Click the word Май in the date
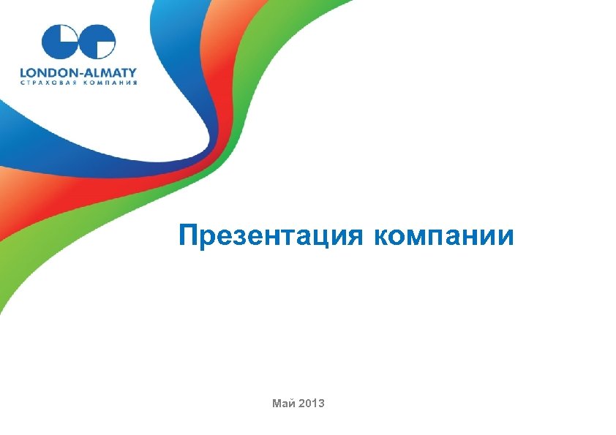click(282, 404)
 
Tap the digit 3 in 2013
click(322, 404)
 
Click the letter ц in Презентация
click(323, 238)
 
